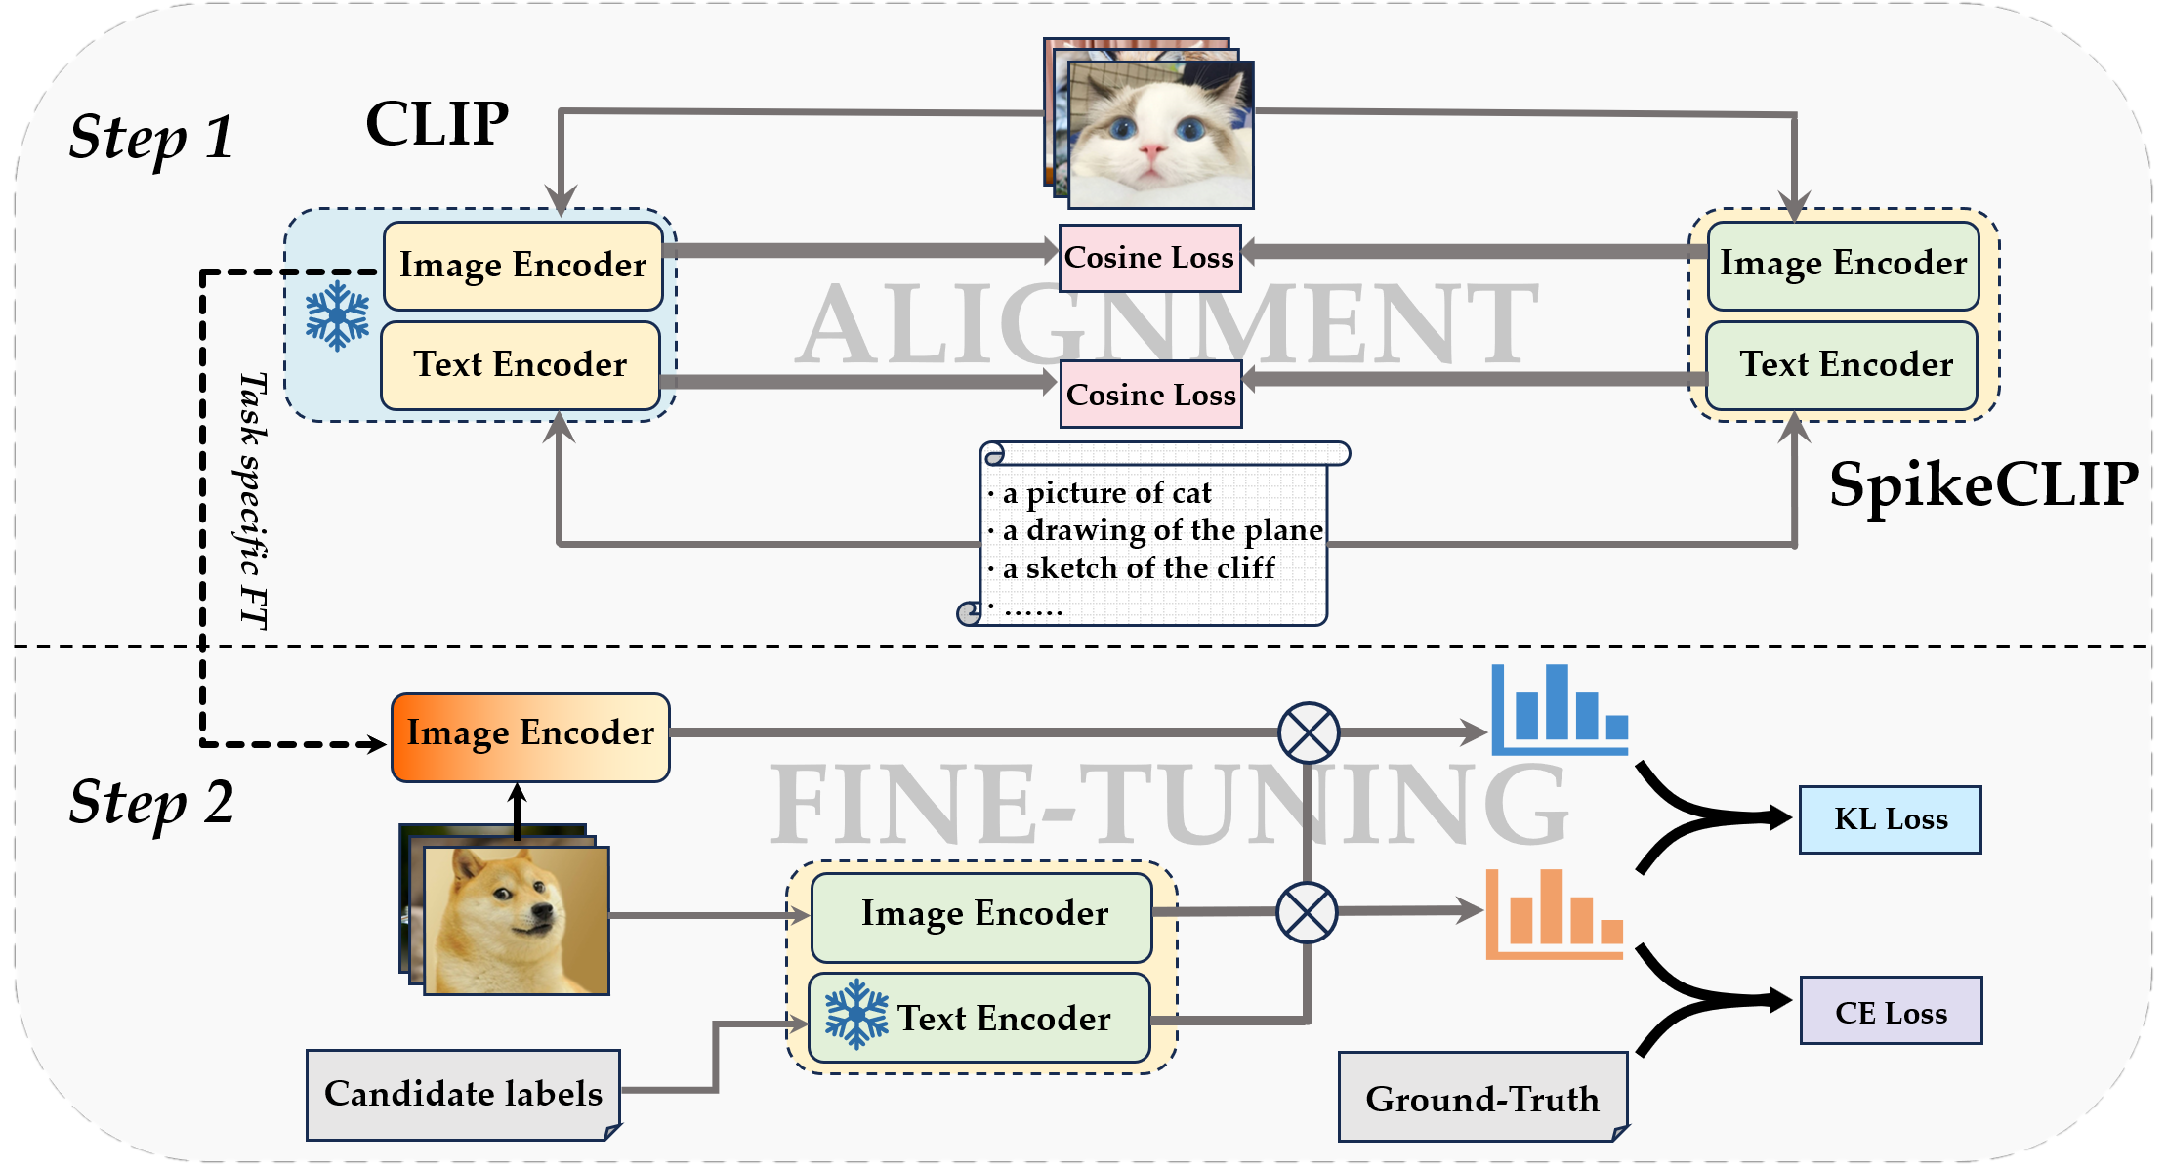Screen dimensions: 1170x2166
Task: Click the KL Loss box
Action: point(1890,819)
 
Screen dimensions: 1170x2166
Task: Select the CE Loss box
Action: point(1891,1011)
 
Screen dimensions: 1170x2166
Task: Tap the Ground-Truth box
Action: point(1482,1098)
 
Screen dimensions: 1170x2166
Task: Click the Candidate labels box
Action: point(463,1094)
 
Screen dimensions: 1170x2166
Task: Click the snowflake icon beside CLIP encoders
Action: point(337,315)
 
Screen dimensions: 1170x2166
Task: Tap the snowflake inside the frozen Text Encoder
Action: point(856,1015)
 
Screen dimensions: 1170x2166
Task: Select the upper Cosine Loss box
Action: point(1149,258)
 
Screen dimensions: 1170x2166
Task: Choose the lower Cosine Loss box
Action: point(1150,395)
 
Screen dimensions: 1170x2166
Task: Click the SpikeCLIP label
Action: point(1983,484)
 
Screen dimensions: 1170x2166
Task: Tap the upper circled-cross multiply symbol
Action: point(1308,732)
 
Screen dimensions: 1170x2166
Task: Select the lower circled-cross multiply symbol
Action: point(1307,912)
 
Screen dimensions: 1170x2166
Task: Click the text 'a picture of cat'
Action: point(1107,493)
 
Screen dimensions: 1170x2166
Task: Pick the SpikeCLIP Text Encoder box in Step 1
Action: point(1842,365)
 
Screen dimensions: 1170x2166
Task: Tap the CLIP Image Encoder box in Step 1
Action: point(522,266)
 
